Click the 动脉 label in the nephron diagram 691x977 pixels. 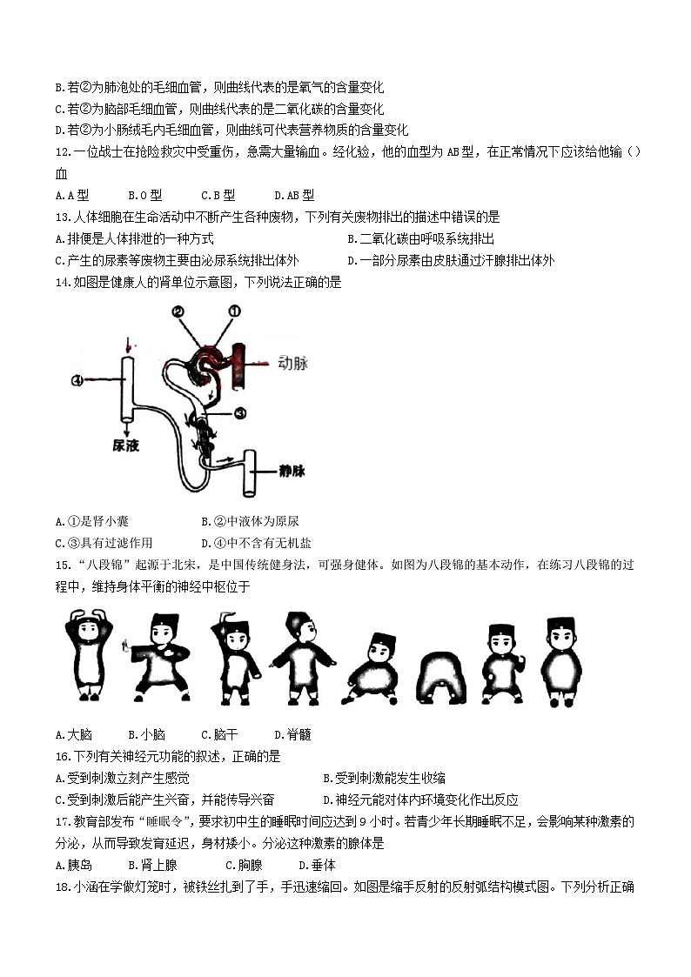click(292, 363)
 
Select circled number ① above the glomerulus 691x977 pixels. click(234, 311)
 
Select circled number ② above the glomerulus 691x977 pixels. click(178, 311)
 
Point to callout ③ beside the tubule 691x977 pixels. click(241, 412)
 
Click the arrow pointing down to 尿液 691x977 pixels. click(126, 425)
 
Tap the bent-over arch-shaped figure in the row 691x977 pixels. click(444, 675)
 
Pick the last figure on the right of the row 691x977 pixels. click(561, 660)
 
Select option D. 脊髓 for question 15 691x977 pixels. click(292, 735)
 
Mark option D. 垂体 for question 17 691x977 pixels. click(317, 866)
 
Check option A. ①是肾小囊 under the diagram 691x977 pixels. click(91, 521)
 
